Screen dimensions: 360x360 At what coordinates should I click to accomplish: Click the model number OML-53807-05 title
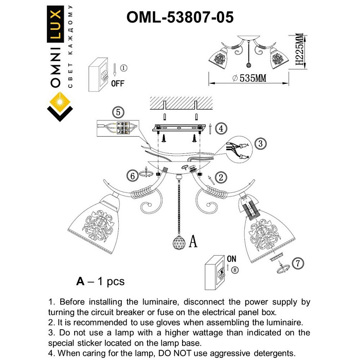click(180, 16)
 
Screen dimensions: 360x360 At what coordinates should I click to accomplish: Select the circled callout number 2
click(221, 177)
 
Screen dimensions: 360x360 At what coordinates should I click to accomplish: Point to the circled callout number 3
click(261, 143)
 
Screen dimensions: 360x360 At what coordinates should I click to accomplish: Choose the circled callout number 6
click(133, 175)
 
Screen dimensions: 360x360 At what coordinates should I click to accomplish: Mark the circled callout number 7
click(296, 263)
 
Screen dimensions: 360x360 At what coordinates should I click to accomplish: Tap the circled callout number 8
click(235, 269)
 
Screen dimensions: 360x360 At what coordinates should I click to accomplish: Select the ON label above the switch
click(231, 259)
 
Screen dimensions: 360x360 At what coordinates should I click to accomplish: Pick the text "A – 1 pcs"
click(100, 281)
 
